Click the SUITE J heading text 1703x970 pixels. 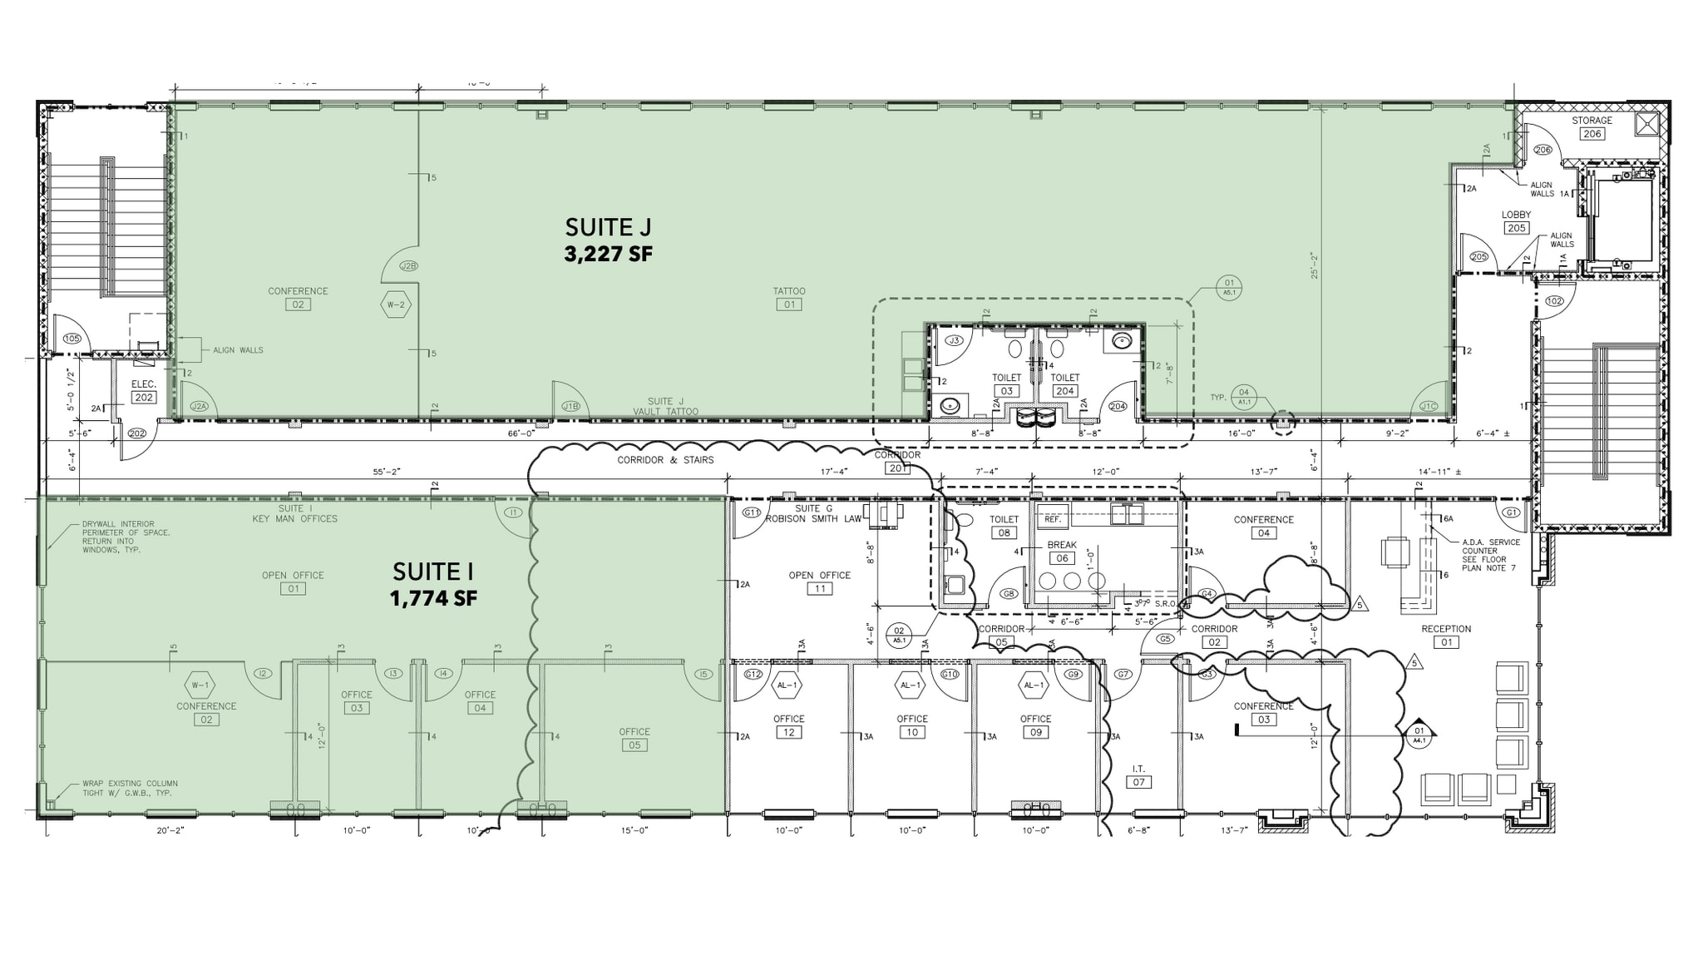click(608, 227)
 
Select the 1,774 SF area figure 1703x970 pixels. click(433, 598)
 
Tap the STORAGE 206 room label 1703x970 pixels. click(1592, 127)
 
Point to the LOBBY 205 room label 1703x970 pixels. click(1516, 221)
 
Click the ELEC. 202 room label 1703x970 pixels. click(144, 391)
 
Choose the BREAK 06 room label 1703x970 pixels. click(1062, 552)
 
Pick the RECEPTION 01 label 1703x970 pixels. click(1446, 636)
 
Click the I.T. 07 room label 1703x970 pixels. click(1138, 775)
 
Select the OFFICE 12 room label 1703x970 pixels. click(788, 725)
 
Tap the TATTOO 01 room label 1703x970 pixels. click(789, 298)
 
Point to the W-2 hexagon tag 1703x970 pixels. click(396, 304)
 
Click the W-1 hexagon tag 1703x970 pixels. click(200, 685)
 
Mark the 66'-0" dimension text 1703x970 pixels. click(521, 433)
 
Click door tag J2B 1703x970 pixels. click(408, 266)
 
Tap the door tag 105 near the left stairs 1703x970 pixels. click(72, 339)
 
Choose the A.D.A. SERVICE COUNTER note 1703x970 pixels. click(1490, 555)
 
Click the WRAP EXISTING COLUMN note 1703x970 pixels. click(130, 789)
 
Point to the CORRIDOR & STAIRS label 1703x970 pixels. click(665, 460)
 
